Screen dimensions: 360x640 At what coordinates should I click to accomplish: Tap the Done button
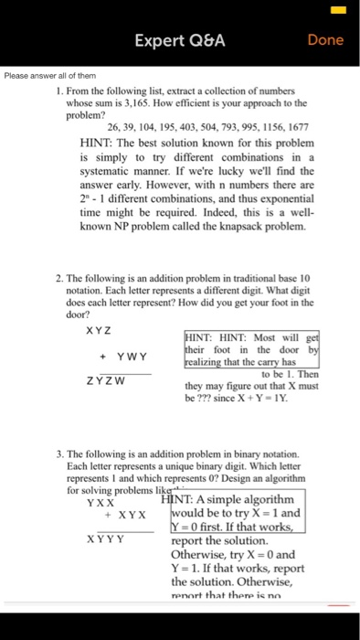[325, 40]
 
